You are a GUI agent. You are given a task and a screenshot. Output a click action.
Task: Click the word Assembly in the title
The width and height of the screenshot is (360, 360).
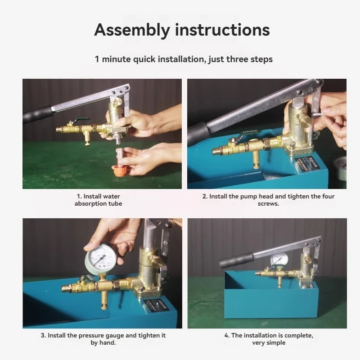(x=132, y=30)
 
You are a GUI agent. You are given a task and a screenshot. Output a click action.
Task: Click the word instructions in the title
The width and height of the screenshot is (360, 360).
(x=222, y=30)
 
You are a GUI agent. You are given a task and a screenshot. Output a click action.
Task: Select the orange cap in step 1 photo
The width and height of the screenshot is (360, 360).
(x=120, y=171)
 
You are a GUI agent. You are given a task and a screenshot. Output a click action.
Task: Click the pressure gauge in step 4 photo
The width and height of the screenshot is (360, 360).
(x=279, y=260)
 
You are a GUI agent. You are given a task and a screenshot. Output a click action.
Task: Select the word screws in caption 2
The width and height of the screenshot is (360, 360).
(x=268, y=204)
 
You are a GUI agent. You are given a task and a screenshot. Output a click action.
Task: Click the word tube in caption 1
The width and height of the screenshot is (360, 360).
(x=115, y=204)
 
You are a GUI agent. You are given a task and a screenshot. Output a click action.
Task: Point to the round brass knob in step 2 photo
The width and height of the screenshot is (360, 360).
(x=306, y=119)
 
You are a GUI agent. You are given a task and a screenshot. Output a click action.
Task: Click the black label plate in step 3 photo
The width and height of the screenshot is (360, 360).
(x=156, y=305)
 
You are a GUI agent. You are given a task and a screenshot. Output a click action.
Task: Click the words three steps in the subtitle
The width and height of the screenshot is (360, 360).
(x=250, y=59)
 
